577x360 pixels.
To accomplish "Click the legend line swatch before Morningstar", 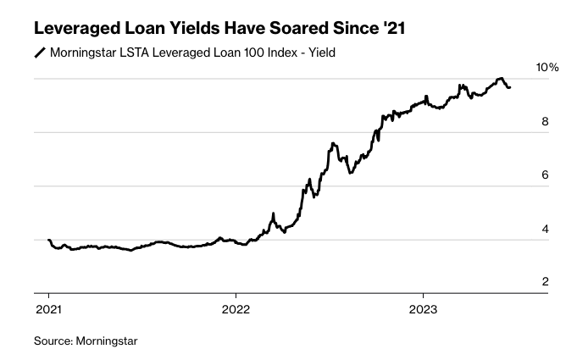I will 40,54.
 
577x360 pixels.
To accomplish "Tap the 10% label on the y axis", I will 548,67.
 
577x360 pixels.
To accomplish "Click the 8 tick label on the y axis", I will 546,121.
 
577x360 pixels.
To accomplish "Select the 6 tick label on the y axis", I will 546,175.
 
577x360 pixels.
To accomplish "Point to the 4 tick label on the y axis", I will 546,229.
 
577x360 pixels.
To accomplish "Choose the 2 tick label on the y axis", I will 546,282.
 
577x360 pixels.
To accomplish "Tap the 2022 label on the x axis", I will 236,309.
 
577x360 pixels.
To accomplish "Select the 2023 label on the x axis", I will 424,309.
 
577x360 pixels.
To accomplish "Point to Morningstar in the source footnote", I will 107,341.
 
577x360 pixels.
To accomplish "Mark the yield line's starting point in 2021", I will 49,241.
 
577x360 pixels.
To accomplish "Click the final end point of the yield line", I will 509,87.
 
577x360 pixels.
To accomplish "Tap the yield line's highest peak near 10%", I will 500,79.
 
